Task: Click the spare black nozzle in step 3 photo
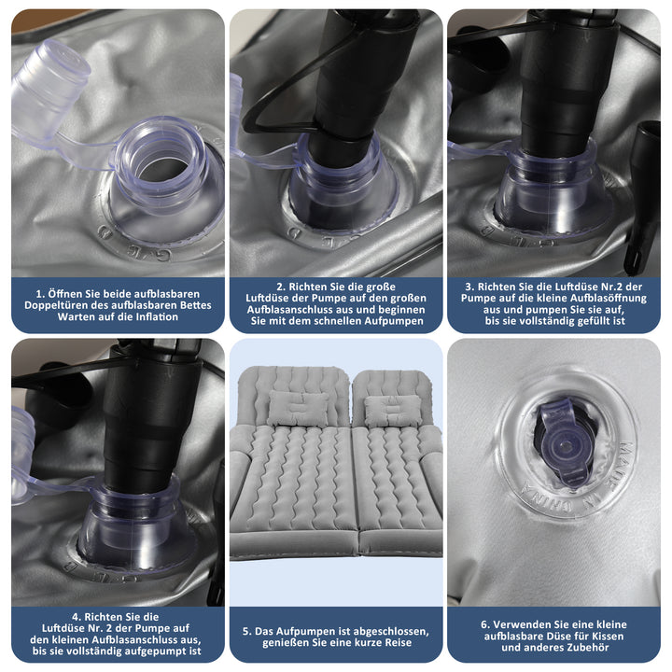point(641,197)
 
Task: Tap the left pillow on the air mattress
point(298,407)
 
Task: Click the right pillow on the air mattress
point(392,411)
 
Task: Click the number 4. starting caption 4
point(77,617)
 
